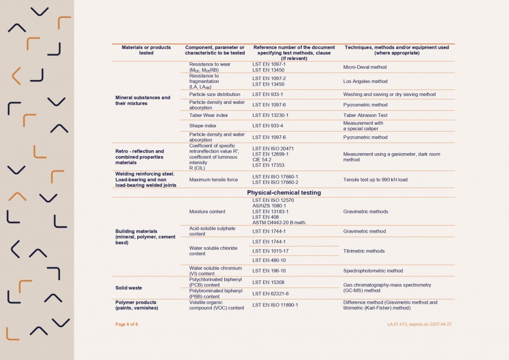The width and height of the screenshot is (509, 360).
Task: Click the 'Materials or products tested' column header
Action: tap(146, 50)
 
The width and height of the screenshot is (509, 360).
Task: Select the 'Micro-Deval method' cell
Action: tap(365, 67)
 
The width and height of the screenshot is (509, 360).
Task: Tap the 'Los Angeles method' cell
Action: tap(365, 82)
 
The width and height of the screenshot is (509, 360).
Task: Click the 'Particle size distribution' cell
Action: tap(215, 94)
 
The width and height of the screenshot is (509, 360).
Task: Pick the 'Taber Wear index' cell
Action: tap(209, 115)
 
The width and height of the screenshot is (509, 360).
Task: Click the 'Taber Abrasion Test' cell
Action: tap(365, 115)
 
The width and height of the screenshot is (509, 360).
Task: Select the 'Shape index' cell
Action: tap(203, 126)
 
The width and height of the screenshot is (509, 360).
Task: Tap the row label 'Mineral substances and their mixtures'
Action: tap(143, 100)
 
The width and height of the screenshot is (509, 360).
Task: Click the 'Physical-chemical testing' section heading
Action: tap(284, 192)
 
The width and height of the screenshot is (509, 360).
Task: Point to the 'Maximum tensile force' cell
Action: tap(214, 180)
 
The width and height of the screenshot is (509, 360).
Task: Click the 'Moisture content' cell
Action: tap(207, 212)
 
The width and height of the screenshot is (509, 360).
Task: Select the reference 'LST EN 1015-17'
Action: tap(270, 251)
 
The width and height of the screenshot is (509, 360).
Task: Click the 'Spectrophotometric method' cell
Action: tap(373, 271)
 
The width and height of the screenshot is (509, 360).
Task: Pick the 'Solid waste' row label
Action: tap(129, 288)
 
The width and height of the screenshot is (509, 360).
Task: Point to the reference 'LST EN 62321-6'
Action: tap(270, 294)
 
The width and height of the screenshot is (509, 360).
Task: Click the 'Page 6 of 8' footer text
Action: tap(127, 324)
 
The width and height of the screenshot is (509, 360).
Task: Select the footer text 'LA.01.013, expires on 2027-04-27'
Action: tap(419, 324)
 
